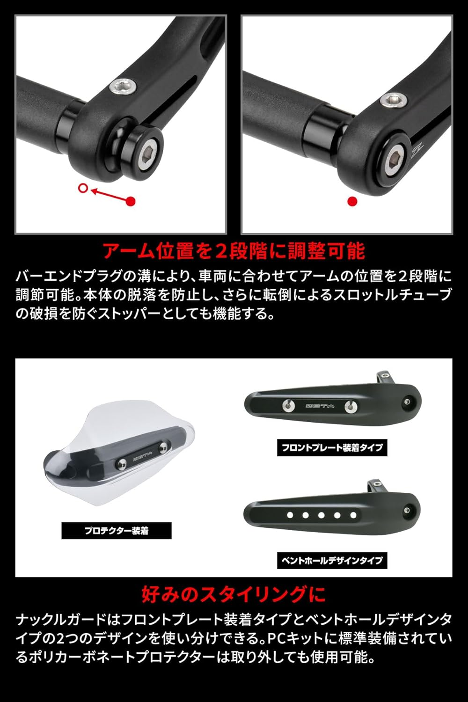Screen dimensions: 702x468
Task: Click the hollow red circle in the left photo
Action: point(83,188)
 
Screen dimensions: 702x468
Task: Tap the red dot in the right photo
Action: point(352,201)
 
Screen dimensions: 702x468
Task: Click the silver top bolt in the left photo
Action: point(124,86)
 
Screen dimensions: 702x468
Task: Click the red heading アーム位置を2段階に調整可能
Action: point(234,251)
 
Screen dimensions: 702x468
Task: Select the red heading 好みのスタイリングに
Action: point(234,594)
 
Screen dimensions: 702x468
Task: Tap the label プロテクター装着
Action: point(117,531)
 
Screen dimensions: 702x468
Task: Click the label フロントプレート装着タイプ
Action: point(332,447)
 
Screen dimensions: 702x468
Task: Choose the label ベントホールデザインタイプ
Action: point(332,560)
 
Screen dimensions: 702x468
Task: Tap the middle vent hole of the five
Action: point(322,515)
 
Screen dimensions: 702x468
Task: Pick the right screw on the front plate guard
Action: point(350,407)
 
